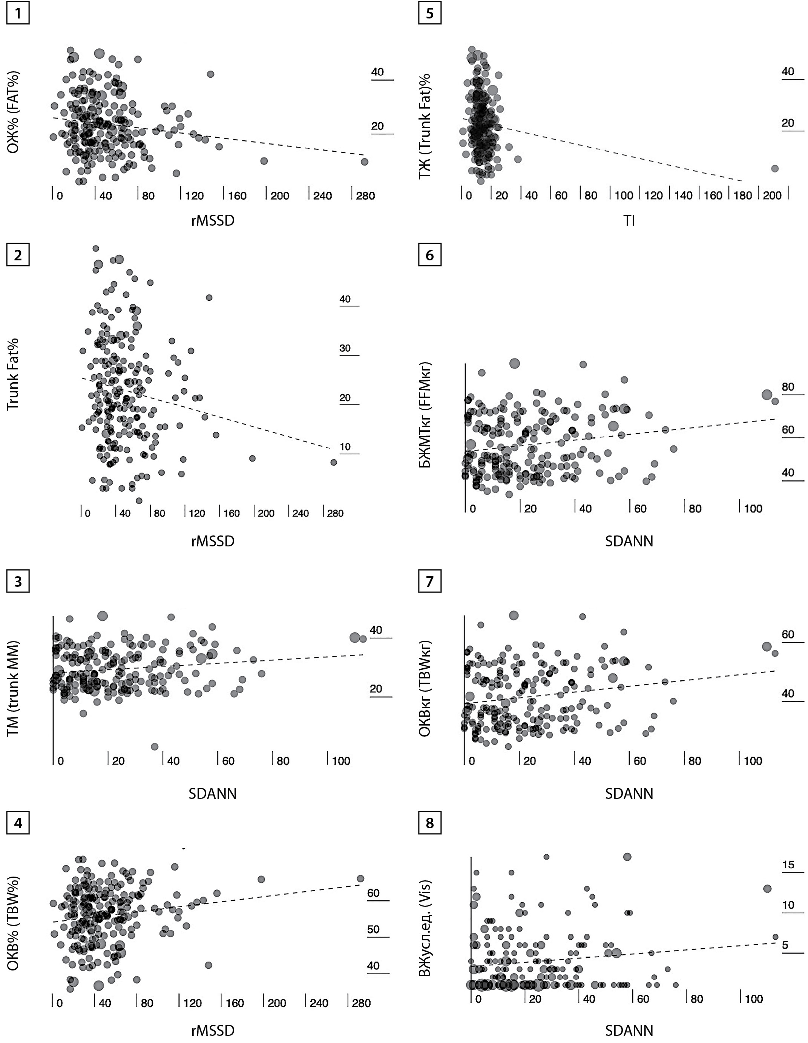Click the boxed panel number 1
tap(18, 13)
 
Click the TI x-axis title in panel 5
tap(629, 221)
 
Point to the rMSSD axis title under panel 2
tap(213, 541)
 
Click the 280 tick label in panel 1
tap(366, 196)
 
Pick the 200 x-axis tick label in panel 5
tap(772, 195)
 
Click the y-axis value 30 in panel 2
tap(345, 348)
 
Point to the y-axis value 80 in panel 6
tap(788, 387)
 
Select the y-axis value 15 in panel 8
tap(788, 865)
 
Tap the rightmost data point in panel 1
tap(365, 162)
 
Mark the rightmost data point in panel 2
tap(334, 462)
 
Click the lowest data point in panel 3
tap(155, 746)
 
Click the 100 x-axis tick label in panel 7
tap(753, 761)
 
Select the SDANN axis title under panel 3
tap(213, 794)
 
